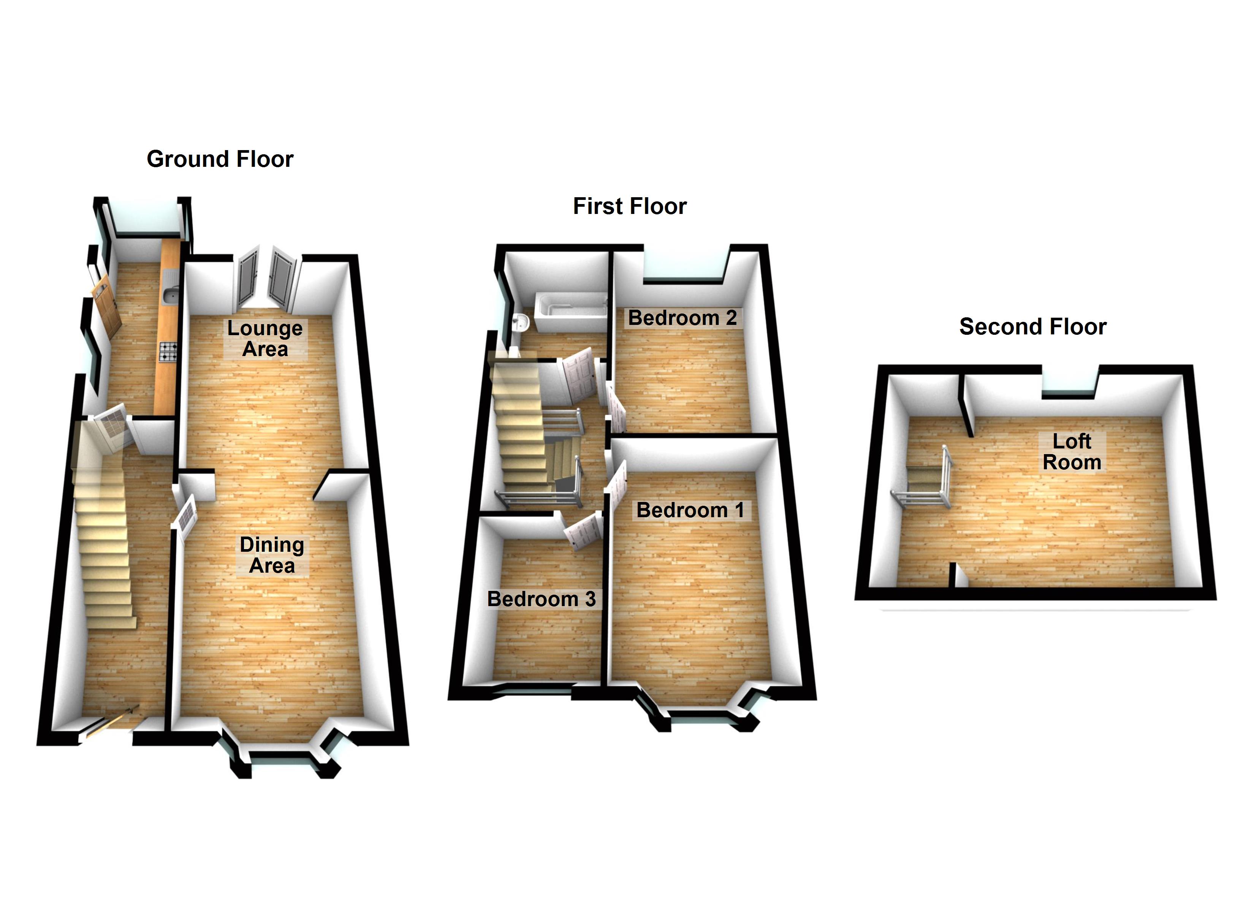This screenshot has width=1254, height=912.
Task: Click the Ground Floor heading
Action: point(220,159)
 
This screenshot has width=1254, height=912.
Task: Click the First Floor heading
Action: point(629,206)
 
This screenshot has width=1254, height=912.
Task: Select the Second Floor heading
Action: point(1032,327)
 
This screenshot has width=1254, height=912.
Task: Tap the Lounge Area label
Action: point(265,339)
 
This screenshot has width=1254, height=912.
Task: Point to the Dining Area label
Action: point(271,555)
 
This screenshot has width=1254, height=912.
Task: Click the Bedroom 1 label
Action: point(690,510)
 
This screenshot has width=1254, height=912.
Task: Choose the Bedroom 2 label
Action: point(682,318)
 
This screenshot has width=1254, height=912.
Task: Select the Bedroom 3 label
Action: point(541,599)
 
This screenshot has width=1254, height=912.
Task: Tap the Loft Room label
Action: point(1072,452)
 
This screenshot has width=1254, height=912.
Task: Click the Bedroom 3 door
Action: point(582,531)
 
